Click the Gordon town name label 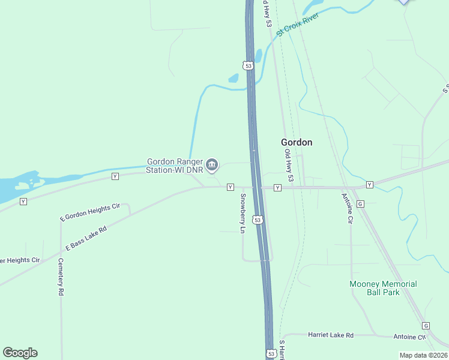[297, 142]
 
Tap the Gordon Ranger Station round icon [212, 164]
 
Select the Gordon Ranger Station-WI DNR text [175, 166]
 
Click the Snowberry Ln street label [243, 214]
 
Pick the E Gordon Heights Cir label [89, 213]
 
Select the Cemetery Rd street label [61, 277]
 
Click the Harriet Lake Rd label [331, 335]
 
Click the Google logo [20, 353]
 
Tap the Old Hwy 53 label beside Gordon [290, 164]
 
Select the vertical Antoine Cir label [346, 208]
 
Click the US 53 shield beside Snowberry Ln [258, 220]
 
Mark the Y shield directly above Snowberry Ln [230, 188]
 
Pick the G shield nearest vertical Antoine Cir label [360, 204]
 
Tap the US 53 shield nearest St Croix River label [248, 64]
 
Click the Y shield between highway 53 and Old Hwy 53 [277, 188]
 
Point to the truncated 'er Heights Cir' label [20, 260]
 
